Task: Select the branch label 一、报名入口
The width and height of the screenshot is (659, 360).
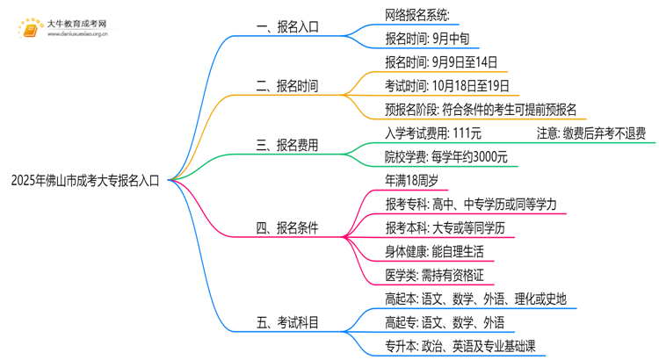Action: click(x=287, y=26)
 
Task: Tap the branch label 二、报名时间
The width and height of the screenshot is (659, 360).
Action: click(x=287, y=86)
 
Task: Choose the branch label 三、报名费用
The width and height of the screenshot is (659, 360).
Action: click(x=287, y=146)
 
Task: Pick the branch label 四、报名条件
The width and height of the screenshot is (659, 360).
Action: click(x=287, y=228)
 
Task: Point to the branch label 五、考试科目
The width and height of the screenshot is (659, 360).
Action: click(x=287, y=323)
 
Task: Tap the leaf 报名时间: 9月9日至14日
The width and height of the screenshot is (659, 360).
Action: click(x=441, y=62)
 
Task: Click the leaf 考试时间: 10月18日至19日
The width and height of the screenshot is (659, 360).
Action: click(x=446, y=86)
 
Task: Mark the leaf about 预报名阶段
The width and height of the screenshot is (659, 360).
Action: click(x=481, y=110)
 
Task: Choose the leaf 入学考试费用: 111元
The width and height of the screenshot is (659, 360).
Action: click(x=432, y=133)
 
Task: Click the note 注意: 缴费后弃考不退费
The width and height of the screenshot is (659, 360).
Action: click(x=591, y=133)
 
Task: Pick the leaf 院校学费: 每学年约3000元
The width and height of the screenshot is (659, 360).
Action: click(x=445, y=157)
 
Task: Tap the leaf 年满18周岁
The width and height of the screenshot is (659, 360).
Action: click(x=411, y=181)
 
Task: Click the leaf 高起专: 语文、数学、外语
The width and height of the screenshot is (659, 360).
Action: click(x=445, y=323)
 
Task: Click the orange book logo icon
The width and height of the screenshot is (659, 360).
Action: click(x=29, y=29)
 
